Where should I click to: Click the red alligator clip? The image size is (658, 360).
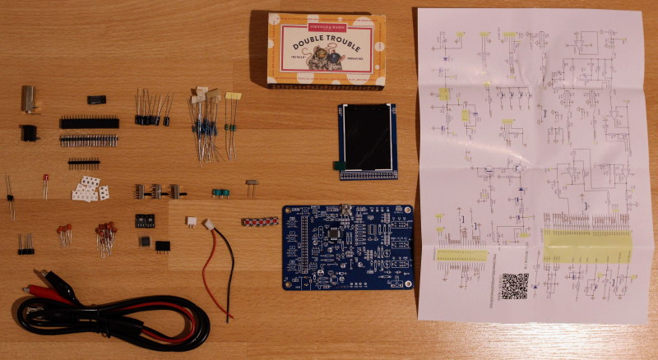point(41,290)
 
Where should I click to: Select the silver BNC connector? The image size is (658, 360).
point(30,98)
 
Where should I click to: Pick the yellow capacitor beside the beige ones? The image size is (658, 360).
point(233,97)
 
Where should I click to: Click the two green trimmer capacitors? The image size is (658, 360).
point(220,192)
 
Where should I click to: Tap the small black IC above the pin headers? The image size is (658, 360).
point(96,99)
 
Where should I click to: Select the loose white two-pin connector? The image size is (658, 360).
point(190,222)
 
